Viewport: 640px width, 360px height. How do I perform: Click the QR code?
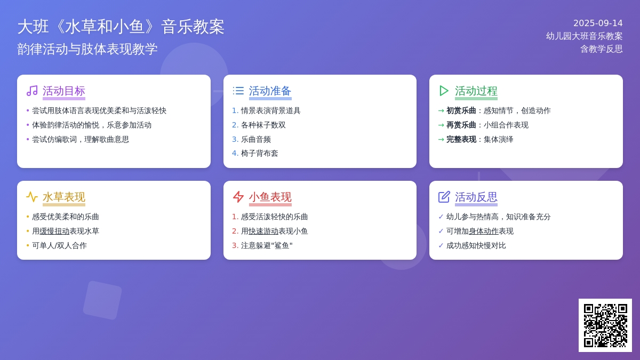[605, 325]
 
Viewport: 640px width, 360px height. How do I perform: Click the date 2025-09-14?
[598, 23]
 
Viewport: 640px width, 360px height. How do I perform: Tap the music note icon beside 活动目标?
[32, 91]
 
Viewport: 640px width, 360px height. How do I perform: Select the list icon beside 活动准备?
[238, 91]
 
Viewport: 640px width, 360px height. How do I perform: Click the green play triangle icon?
[444, 91]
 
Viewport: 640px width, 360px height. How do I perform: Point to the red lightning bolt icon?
[238, 197]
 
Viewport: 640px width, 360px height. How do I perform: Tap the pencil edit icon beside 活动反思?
[444, 197]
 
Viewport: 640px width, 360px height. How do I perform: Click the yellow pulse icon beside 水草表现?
[32, 197]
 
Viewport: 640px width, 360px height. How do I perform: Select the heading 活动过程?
[476, 91]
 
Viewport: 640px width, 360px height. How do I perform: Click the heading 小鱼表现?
[270, 197]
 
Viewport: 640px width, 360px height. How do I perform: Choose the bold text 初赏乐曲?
[461, 110]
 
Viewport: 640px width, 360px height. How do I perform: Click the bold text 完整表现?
[461, 139]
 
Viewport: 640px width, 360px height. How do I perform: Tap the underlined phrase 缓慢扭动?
[54, 231]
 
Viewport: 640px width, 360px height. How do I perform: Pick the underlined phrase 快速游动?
[263, 231]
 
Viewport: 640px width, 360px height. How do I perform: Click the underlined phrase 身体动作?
[483, 231]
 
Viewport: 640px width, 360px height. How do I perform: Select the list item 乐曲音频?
[255, 139]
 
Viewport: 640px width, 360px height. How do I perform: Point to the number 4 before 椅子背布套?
[234, 154]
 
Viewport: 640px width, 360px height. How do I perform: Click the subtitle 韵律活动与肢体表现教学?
[87, 49]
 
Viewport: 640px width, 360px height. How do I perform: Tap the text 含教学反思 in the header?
[602, 49]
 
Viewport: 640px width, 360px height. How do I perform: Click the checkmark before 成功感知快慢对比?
[441, 245]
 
